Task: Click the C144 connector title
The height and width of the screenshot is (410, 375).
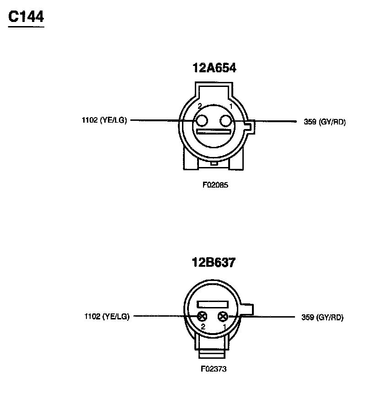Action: click(x=26, y=17)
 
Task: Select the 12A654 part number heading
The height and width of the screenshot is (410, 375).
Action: click(x=214, y=68)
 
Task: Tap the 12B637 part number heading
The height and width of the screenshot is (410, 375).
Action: click(x=214, y=262)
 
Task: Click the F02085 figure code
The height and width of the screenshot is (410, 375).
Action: click(x=215, y=185)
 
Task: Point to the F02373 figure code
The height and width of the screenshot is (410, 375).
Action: click(x=214, y=369)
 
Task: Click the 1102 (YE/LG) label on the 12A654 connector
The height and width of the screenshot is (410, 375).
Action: click(x=104, y=120)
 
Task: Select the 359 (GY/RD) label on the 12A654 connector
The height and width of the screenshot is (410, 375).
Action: click(x=325, y=122)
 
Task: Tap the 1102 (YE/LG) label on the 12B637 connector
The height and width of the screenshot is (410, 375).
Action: click(x=107, y=316)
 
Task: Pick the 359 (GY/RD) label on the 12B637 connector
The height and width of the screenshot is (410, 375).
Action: click(x=322, y=317)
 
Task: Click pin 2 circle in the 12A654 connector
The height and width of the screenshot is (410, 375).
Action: click(x=202, y=121)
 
